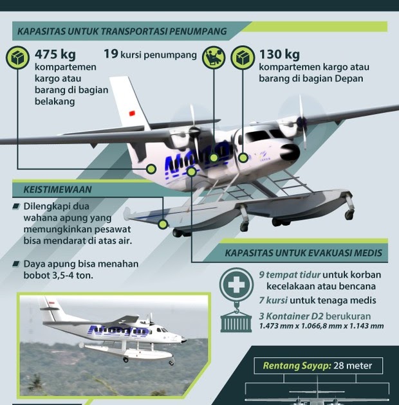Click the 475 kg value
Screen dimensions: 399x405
coord(55,55)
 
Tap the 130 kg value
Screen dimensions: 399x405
coord(279,55)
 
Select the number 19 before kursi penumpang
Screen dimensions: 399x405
coord(111,54)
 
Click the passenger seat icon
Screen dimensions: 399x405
coord(214,58)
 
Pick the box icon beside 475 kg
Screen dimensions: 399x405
coord(17,58)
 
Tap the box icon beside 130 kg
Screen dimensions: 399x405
coord(243,58)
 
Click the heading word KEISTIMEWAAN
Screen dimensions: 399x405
coord(57,190)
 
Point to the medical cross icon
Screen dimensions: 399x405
coord(236,285)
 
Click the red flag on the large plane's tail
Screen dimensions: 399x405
coord(132,113)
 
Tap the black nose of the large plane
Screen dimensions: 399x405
coord(290,152)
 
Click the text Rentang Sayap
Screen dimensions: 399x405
coord(297,366)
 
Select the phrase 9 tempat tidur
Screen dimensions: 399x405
coord(290,275)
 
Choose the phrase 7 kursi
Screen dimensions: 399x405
coord(273,300)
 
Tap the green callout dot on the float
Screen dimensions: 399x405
coord(163,224)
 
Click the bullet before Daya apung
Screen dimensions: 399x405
coord(16,264)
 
